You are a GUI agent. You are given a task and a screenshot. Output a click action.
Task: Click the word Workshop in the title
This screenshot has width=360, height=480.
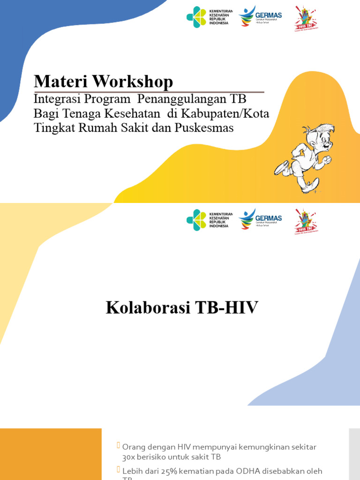pyautogui.click(x=132, y=82)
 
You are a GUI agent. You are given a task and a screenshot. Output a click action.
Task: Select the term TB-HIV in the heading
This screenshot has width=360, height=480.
pyautogui.click(x=226, y=308)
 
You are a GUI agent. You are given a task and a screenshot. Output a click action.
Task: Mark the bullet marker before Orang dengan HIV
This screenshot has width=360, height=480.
pyautogui.click(x=119, y=446)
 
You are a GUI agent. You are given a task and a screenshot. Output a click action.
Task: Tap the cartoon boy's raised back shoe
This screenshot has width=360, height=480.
pyautogui.click(x=281, y=168)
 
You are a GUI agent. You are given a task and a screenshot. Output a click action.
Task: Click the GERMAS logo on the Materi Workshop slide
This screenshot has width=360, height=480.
pyautogui.click(x=260, y=17)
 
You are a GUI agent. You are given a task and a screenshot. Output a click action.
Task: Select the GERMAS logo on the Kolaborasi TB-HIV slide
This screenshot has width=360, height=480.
pyautogui.click(x=260, y=219)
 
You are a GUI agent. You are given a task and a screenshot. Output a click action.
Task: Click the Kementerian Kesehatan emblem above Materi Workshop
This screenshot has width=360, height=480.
pyautogui.click(x=196, y=17)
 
